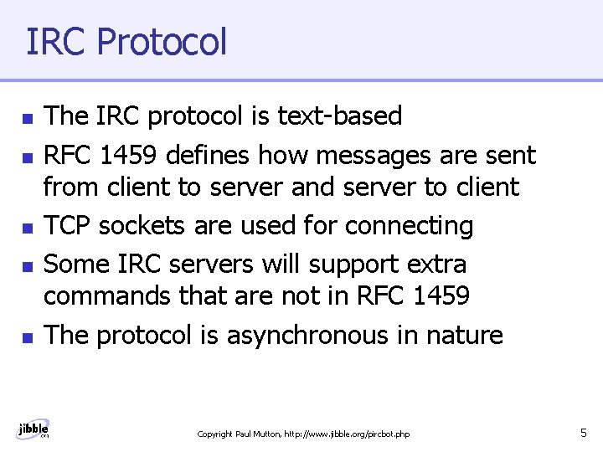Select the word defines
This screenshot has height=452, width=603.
210,154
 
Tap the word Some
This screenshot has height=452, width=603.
74,264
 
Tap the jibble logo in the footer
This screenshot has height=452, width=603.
33,429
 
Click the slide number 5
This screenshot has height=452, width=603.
583,433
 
